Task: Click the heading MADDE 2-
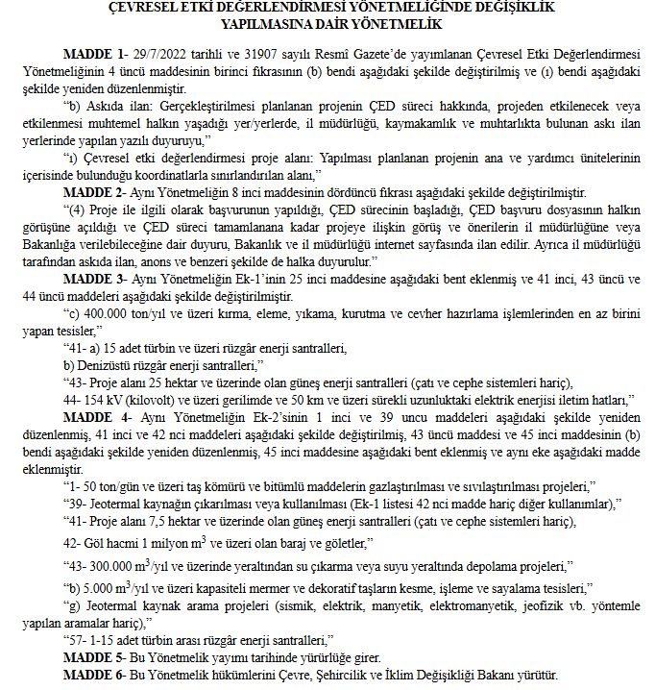(x=91, y=192)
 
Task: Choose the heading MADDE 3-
(x=91, y=278)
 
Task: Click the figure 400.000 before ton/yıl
(x=112, y=313)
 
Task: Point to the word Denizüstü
(x=113, y=365)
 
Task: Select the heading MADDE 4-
(x=91, y=417)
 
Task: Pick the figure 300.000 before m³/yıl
(x=115, y=566)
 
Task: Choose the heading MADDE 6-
(x=91, y=676)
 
